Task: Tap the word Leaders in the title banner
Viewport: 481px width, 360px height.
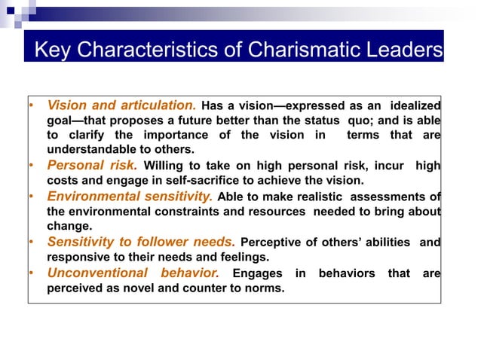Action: click(403, 51)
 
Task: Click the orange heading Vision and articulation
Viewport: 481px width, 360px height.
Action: click(121, 105)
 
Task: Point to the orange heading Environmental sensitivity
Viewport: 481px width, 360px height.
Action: click(130, 197)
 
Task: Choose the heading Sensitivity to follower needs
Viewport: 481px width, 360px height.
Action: click(141, 242)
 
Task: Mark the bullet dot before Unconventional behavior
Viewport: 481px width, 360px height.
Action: click(32, 273)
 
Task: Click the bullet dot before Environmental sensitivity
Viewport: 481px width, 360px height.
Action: click(32, 197)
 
